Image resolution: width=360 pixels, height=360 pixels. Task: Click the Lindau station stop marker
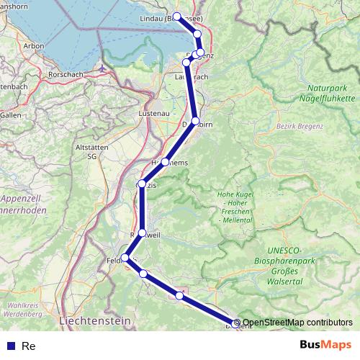[x=176, y=16]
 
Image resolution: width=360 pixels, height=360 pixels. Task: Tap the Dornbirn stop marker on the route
[x=195, y=121]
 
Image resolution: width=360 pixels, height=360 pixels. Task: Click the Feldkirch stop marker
[x=125, y=258]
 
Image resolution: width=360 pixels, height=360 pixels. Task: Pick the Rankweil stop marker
[x=142, y=233]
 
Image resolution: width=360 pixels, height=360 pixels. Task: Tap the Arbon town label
[x=34, y=45]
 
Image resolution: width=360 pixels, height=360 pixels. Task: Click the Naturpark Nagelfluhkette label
[x=326, y=92]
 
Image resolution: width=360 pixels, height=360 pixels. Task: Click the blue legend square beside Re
[x=11, y=346]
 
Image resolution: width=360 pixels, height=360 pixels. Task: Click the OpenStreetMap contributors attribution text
[x=297, y=323]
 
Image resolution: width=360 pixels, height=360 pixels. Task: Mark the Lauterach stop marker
[x=187, y=63]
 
